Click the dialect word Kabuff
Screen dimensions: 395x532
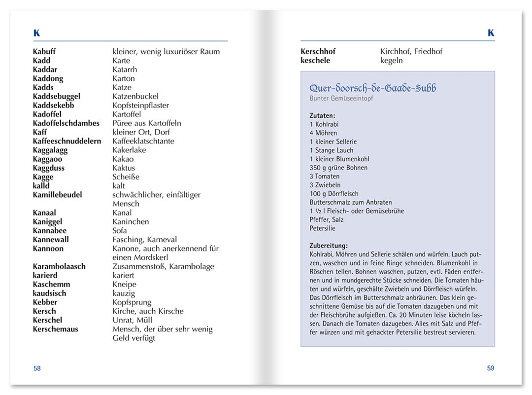44,52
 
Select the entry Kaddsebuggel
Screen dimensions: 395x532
57,97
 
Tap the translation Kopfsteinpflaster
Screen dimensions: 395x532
141,106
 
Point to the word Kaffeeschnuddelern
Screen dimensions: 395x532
67,141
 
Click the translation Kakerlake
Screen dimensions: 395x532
129,150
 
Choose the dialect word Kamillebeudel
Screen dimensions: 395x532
58,195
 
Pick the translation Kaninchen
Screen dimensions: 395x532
131,222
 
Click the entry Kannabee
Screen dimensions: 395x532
50,231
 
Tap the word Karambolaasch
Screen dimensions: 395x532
59,266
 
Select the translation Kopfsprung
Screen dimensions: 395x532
132,302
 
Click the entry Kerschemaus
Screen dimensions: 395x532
56,329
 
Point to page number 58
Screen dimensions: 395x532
37,368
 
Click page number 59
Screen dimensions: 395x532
490,368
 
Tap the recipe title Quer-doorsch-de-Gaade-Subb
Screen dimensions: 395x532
373,88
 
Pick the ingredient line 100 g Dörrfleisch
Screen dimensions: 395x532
334,194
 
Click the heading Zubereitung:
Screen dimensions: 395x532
329,246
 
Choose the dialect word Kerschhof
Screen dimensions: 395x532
318,52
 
